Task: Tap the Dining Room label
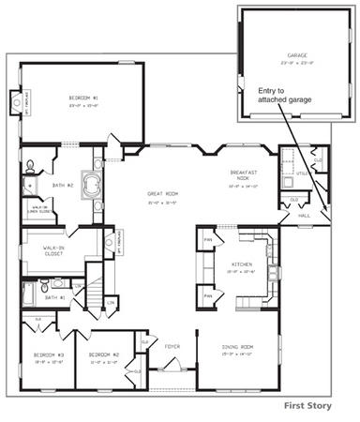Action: pyautogui.click(x=237, y=349)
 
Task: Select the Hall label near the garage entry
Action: pyautogui.click(x=304, y=214)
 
